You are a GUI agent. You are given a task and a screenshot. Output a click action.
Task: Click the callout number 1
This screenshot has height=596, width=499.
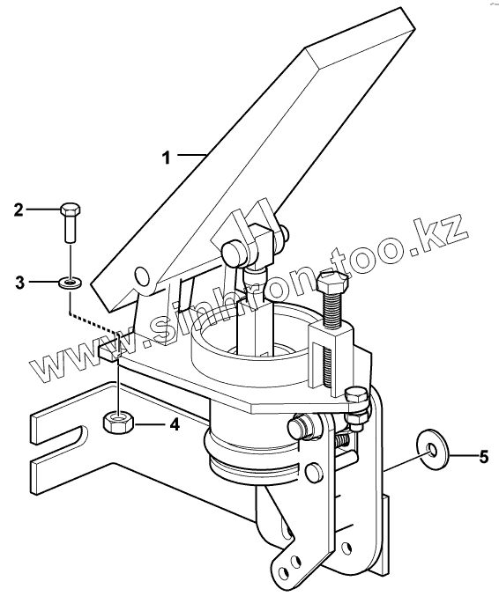click(x=167, y=158)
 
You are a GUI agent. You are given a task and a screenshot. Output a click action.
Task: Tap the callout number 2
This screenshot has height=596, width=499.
click(x=19, y=210)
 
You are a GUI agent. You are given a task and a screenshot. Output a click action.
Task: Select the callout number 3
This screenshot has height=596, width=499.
click(x=19, y=283)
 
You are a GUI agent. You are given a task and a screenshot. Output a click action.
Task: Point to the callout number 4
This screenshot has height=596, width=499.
click(x=175, y=424)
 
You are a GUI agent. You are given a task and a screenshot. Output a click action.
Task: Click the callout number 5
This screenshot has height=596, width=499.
click(x=483, y=457)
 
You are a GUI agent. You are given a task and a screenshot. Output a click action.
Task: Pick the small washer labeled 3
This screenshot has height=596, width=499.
click(x=70, y=283)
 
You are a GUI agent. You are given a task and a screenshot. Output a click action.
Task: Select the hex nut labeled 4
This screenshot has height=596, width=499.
click(x=117, y=423)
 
